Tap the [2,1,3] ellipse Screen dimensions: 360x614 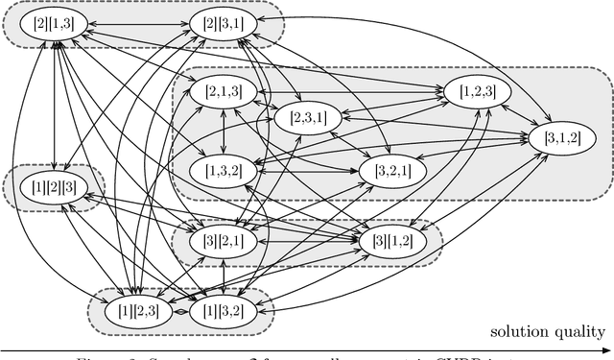pos(223,92)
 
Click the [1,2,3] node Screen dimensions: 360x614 pos(477,92)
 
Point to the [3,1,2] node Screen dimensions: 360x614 pos(561,138)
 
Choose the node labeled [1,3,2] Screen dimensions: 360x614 pos(223,170)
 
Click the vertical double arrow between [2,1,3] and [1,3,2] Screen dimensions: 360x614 pos(223,132)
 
